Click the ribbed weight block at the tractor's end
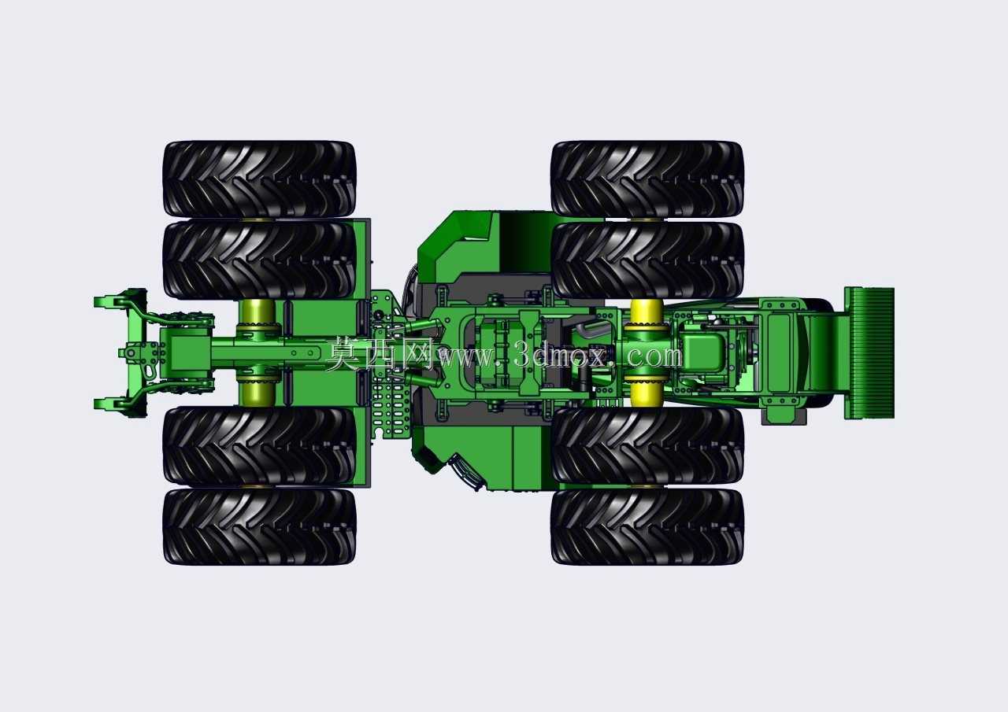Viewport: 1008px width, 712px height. pos(869,353)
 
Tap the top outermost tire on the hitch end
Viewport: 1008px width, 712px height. pos(259,179)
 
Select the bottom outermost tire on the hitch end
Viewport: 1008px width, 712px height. pos(259,526)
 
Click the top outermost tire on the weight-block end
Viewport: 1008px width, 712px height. pos(647,179)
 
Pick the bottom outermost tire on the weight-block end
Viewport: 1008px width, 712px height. pos(647,526)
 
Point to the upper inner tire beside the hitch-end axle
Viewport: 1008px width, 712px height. pos(259,260)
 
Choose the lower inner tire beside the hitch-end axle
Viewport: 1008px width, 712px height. pos(259,446)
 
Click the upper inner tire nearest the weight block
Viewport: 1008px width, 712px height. pos(647,260)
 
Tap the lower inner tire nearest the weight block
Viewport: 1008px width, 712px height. pos(647,446)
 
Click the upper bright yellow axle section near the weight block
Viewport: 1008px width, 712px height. pos(647,315)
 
